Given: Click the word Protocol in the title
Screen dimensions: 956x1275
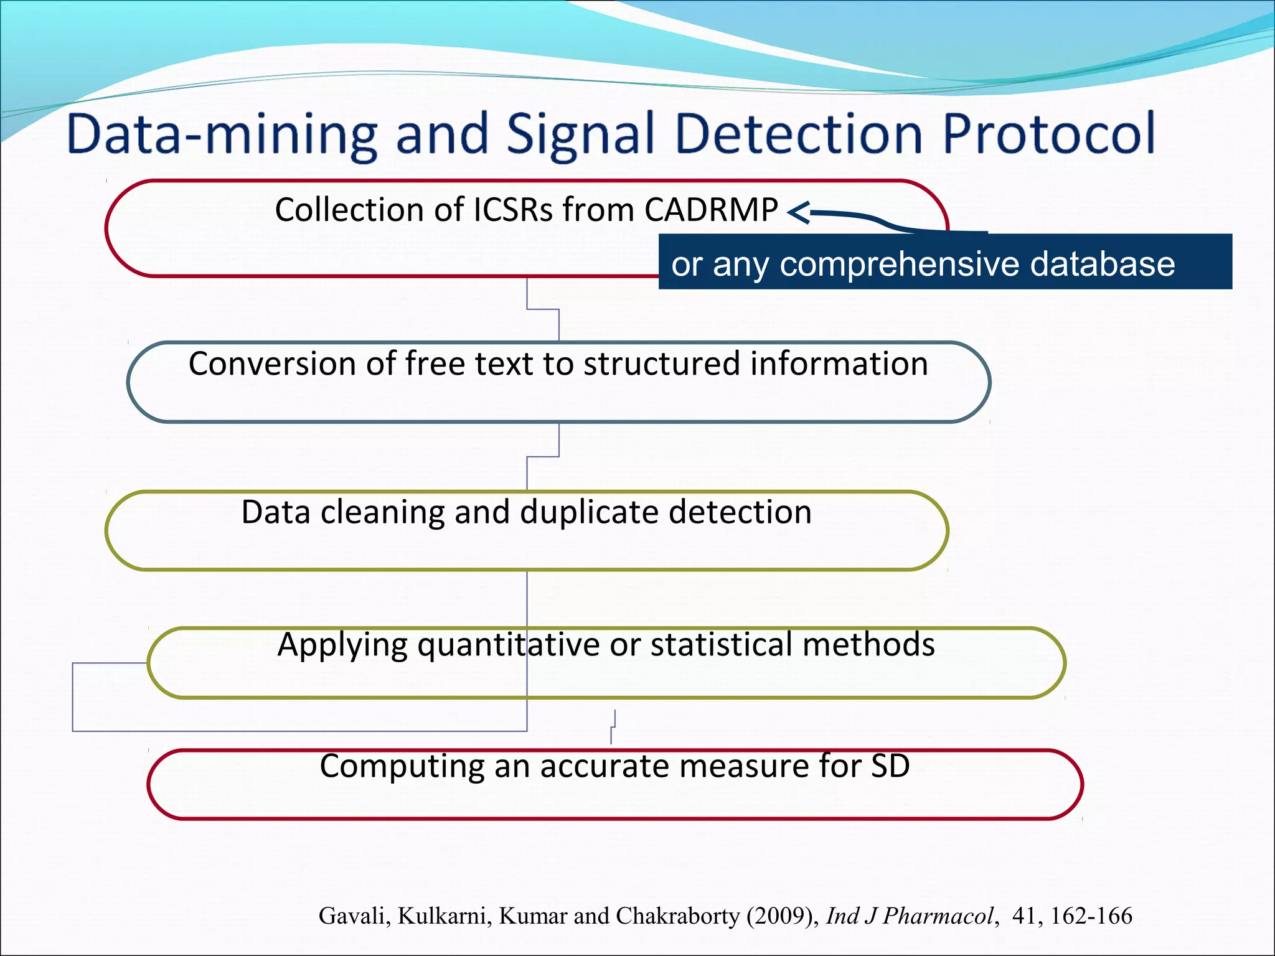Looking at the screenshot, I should (1049, 134).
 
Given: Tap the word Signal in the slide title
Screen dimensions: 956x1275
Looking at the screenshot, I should (580, 134).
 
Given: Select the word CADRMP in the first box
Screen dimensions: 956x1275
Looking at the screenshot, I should (711, 210).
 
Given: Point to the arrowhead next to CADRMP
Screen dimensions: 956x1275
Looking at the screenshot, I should (797, 213).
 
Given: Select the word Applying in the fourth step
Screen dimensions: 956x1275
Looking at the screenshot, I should (342, 645).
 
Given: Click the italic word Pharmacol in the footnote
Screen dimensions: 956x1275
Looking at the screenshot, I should (940, 916).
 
